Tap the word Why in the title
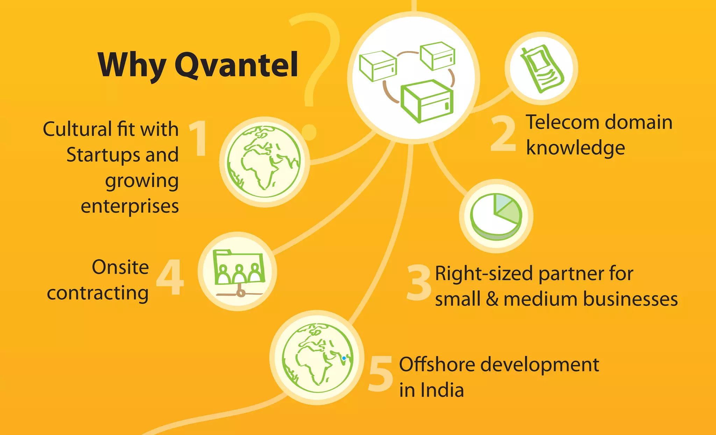[132, 65]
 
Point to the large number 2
[503, 134]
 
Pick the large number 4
[170, 277]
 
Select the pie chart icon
[496, 216]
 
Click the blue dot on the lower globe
[344, 358]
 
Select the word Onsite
[120, 268]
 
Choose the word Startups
[103, 155]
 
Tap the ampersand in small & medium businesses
[492, 300]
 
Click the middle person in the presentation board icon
[239, 274]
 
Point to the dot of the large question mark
[309, 132]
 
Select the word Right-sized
[484, 273]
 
